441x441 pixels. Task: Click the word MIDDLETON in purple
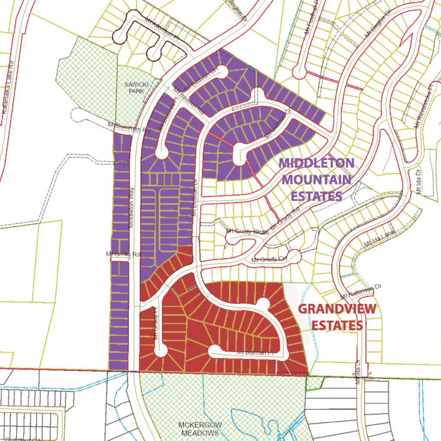(317, 163)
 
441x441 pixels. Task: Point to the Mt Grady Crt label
(268, 259)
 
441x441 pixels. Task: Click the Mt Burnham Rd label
(130, 126)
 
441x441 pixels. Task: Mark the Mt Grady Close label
(247, 232)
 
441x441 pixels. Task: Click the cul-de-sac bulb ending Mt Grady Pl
(160, 350)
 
